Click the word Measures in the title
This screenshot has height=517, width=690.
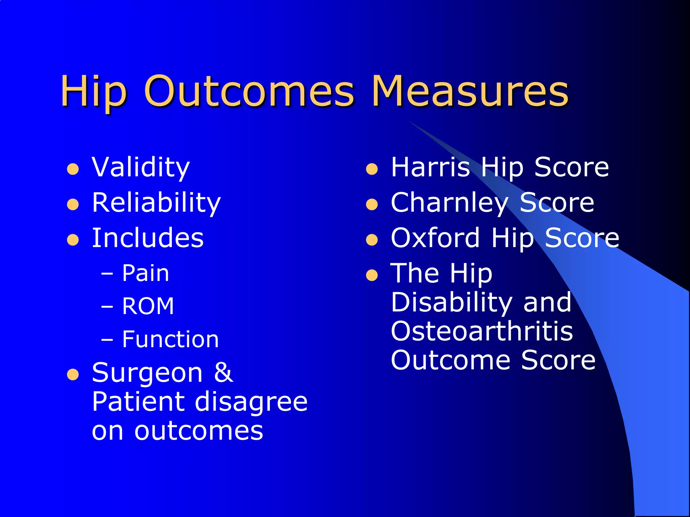pos(470,91)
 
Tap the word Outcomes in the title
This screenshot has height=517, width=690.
pos(249,91)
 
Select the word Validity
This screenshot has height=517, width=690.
pos(141,167)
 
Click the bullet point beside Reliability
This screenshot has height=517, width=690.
pos(73,204)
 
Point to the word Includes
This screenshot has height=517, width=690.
pos(148,238)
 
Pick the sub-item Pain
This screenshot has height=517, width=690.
pos(145,273)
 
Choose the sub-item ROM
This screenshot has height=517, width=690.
pos(148,306)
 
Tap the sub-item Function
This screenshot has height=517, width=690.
pos(170,339)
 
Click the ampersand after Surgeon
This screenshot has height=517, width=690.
pos(223,373)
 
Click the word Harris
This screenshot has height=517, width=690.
pos(430,167)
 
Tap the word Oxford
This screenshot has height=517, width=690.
pos(435,238)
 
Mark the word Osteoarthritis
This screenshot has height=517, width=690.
pos(482,331)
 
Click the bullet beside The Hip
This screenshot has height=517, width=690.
pos(372,275)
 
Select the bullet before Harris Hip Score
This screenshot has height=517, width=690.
pos(372,169)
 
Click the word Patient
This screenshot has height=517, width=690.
pos(138,402)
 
